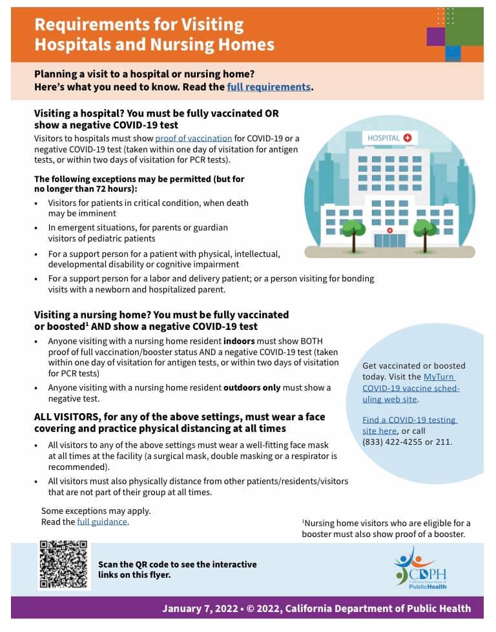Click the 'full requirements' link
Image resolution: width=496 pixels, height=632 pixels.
click(269, 87)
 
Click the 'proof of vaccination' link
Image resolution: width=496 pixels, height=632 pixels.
click(193, 138)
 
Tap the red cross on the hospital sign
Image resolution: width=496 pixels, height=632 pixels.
click(408, 138)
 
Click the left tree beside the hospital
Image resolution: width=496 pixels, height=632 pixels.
click(353, 229)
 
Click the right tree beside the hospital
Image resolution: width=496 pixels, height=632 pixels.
click(424, 229)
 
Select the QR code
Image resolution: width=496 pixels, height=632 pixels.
click(63, 564)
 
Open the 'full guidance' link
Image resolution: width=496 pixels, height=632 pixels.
click(102, 522)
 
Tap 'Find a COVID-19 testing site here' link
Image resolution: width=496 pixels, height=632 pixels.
click(409, 425)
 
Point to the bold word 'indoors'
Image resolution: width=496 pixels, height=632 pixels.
click(239, 341)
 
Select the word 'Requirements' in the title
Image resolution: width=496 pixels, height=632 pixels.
click(87, 25)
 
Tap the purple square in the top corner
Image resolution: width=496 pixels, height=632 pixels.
click(436, 37)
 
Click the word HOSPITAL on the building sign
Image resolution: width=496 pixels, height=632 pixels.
click(384, 138)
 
